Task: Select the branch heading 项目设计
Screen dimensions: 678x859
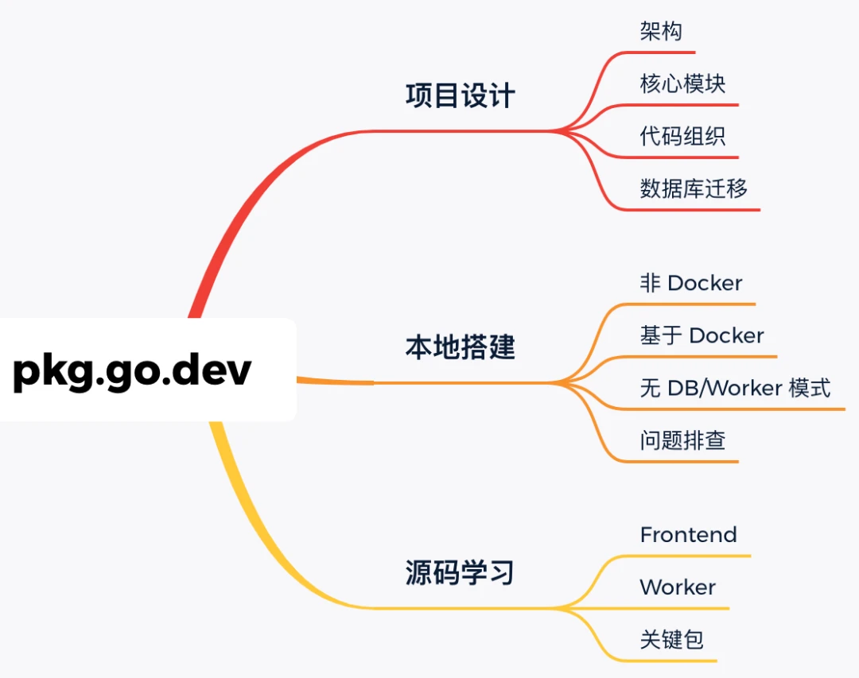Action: (x=460, y=96)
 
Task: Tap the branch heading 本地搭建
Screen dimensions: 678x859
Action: (x=460, y=347)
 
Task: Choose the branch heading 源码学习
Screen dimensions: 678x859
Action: (x=460, y=572)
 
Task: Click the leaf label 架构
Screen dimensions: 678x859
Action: (x=661, y=32)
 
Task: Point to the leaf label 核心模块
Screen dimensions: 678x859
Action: (x=682, y=83)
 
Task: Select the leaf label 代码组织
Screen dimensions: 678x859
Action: (x=682, y=136)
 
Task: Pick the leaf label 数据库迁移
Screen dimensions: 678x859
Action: (x=694, y=188)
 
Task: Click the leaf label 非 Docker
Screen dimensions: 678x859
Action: (x=691, y=283)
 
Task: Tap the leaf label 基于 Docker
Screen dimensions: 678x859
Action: (x=702, y=335)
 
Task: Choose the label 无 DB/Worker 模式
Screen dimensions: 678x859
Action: (x=735, y=388)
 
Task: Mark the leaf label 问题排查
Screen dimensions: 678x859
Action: (x=682, y=440)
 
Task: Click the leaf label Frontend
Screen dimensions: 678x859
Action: (x=688, y=535)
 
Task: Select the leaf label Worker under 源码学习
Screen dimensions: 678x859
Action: (x=678, y=587)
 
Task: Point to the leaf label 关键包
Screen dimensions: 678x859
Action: (x=672, y=640)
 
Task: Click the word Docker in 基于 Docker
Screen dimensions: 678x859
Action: (x=726, y=335)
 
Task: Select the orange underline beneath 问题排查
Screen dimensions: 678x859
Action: (x=684, y=461)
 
